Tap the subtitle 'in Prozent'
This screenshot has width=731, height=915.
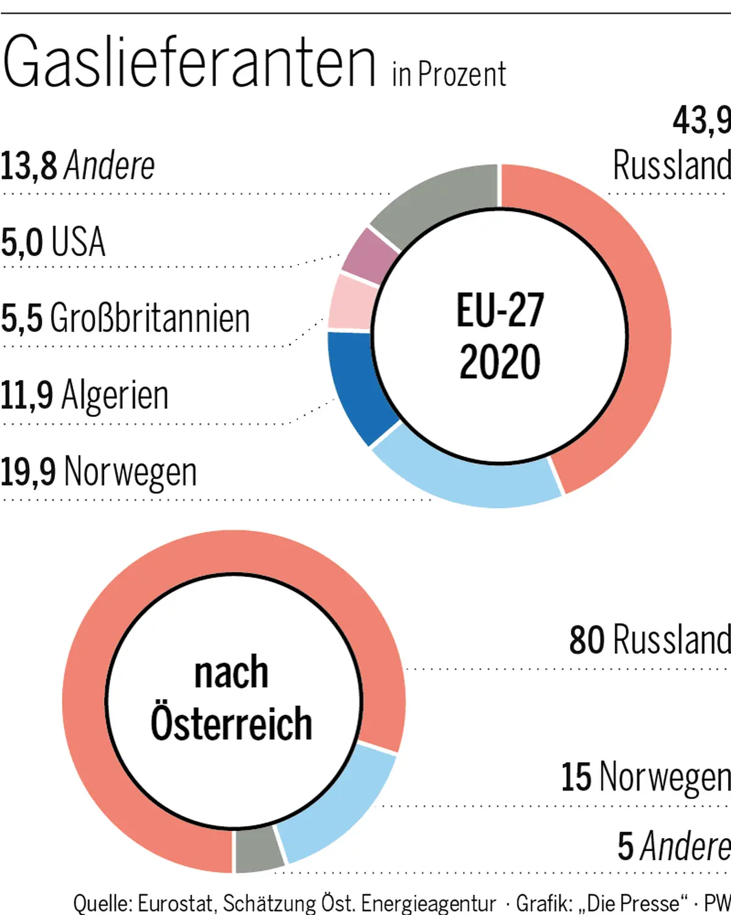click(x=449, y=75)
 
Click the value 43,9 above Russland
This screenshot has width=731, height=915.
click(x=701, y=120)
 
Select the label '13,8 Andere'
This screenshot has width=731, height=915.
click(x=77, y=166)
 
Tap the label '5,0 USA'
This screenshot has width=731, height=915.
click(x=53, y=242)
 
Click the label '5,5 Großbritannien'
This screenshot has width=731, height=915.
click(x=125, y=318)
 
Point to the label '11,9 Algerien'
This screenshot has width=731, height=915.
click(x=84, y=395)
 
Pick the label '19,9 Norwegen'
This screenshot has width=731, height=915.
click(x=98, y=472)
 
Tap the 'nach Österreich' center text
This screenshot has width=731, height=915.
click(x=231, y=698)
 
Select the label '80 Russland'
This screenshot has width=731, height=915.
click(x=649, y=640)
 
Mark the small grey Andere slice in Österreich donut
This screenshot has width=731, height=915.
click(x=258, y=850)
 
